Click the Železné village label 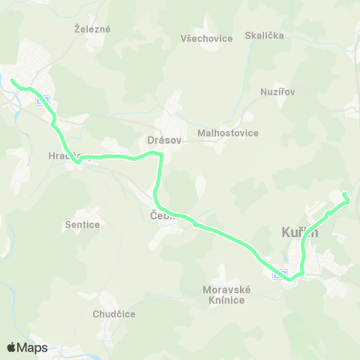pyautogui.click(x=92, y=29)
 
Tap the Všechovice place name pyautogui.click(x=207, y=38)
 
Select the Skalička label pyautogui.click(x=264, y=35)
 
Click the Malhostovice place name pyautogui.click(x=227, y=133)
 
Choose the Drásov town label pyautogui.click(x=161, y=139)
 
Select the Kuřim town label pyautogui.click(x=300, y=232)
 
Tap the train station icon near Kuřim pyautogui.click(x=279, y=274)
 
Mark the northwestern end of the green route pyautogui.click(x=12, y=80)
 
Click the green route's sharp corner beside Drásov pyautogui.click(x=161, y=154)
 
